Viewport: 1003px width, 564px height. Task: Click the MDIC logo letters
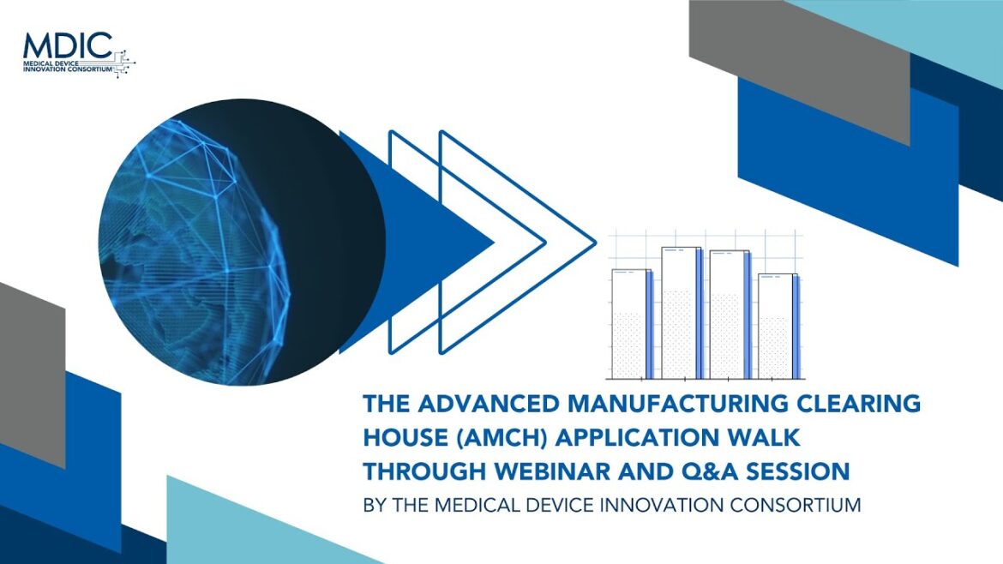click(68, 45)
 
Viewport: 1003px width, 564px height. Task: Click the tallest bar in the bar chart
click(682, 313)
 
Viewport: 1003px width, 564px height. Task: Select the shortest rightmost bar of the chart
click(778, 326)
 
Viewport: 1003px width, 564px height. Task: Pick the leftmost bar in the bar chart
click(632, 324)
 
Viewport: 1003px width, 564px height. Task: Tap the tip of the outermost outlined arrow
click(596, 243)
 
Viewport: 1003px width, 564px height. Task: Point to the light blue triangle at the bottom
click(255, 527)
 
